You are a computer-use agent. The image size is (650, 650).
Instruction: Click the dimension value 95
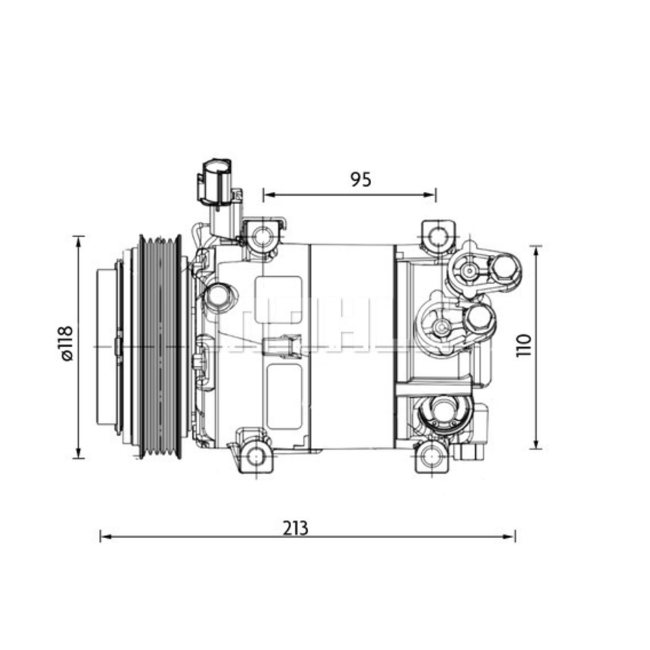coord(361,179)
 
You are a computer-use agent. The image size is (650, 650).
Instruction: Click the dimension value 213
coord(295,527)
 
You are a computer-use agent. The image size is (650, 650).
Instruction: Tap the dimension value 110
coord(525,346)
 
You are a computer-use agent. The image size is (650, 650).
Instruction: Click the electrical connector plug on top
coord(216,182)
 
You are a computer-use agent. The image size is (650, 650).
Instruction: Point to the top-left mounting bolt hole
coord(263,237)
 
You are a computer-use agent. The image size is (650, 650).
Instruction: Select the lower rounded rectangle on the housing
coord(284,396)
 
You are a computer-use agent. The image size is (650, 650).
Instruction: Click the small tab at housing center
coord(281,344)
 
